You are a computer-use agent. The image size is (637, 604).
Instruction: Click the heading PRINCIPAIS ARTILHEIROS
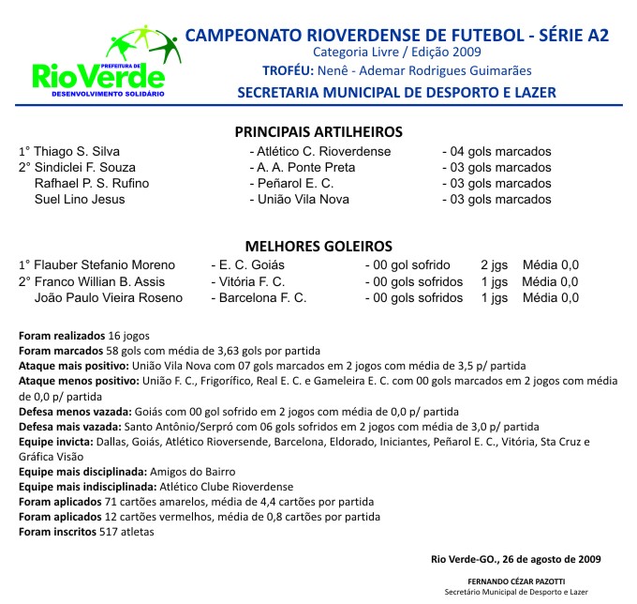(x=318, y=132)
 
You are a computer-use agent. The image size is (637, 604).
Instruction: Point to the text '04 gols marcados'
(x=502, y=151)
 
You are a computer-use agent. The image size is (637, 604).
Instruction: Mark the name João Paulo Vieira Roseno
(x=109, y=297)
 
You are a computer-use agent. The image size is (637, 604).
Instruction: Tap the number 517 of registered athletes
(x=111, y=532)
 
